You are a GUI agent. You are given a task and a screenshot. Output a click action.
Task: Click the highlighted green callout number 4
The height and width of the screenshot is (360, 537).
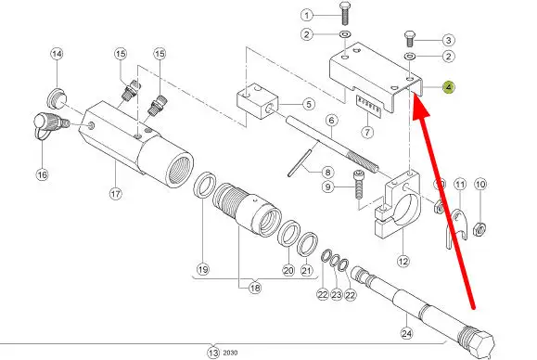(x=449, y=87)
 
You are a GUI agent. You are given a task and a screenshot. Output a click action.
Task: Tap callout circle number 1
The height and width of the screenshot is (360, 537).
(x=307, y=15)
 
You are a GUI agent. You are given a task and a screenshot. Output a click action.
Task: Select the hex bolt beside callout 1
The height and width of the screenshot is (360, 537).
(x=344, y=13)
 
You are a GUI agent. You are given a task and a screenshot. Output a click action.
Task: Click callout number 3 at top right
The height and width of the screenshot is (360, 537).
(x=448, y=40)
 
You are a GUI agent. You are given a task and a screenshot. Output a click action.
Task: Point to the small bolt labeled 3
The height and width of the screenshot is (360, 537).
(x=410, y=39)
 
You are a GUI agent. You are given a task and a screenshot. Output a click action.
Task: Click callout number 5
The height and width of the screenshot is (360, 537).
(x=309, y=104)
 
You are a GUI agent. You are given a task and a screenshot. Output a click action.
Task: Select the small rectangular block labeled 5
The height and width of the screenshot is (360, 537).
(x=258, y=100)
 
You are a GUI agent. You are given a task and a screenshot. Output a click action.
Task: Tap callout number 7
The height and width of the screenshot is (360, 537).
(x=367, y=132)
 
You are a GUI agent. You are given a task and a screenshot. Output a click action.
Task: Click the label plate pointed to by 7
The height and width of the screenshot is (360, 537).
(x=368, y=106)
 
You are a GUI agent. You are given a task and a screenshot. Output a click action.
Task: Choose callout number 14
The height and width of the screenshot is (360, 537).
(x=57, y=54)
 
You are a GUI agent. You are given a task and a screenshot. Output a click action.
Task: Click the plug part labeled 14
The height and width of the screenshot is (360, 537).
(x=57, y=98)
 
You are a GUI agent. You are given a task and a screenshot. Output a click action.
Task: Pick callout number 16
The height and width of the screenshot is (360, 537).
(x=42, y=174)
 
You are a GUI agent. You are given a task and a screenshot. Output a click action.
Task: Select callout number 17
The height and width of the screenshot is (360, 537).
(x=116, y=194)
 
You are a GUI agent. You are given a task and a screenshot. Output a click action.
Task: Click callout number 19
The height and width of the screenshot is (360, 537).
(x=203, y=269)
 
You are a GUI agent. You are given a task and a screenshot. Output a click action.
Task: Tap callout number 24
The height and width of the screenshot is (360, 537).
(x=406, y=333)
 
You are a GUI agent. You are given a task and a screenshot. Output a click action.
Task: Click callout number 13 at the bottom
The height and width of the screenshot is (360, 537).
(x=213, y=353)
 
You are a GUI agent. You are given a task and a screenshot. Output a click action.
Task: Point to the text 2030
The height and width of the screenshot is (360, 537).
(x=230, y=353)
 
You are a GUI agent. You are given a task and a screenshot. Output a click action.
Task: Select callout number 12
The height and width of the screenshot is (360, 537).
(x=403, y=262)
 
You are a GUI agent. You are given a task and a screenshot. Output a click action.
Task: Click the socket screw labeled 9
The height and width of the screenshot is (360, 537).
(x=358, y=185)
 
